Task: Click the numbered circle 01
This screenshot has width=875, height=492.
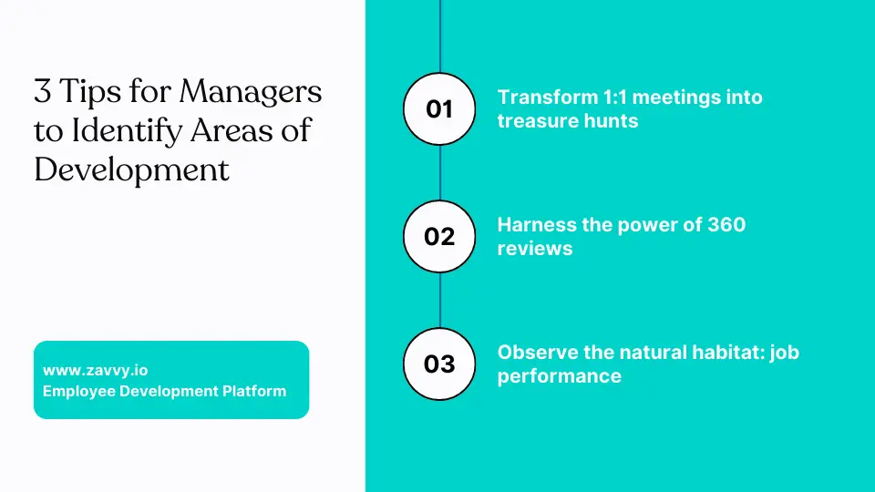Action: point(439,108)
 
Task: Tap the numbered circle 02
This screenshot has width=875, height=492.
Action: point(439,237)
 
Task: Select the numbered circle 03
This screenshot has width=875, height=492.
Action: point(439,364)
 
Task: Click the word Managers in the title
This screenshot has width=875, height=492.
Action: point(251,92)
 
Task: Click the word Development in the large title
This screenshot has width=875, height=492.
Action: point(131,170)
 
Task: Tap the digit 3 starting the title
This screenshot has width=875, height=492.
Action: point(43,91)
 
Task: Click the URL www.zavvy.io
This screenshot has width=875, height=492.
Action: point(96,371)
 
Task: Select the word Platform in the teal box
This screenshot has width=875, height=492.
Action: point(254,391)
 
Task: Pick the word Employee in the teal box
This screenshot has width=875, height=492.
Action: point(79,392)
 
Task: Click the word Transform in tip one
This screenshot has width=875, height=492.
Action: point(548,97)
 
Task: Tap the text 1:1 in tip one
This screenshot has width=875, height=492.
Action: point(617,97)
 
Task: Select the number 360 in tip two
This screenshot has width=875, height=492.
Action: point(726,225)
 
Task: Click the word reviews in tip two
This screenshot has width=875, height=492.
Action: point(535,249)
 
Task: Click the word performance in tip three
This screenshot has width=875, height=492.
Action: point(560,376)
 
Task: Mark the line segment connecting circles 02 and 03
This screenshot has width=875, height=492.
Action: point(439,300)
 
